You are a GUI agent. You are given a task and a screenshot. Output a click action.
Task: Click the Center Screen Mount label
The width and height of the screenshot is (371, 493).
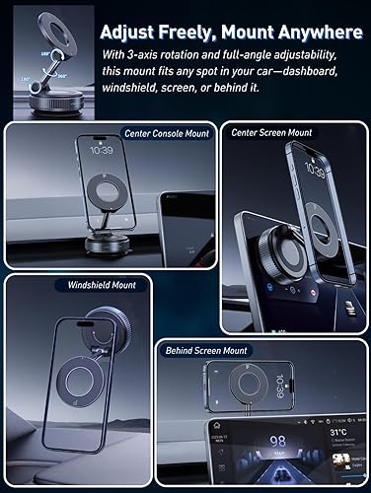[x=271, y=131]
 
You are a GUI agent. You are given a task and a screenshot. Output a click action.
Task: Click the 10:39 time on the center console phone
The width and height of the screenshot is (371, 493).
[x=97, y=154]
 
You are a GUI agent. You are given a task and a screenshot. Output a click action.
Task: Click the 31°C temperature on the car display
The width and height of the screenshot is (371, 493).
[x=339, y=430]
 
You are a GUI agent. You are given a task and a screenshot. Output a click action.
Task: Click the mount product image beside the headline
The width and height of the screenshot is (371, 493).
[x=44, y=56]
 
